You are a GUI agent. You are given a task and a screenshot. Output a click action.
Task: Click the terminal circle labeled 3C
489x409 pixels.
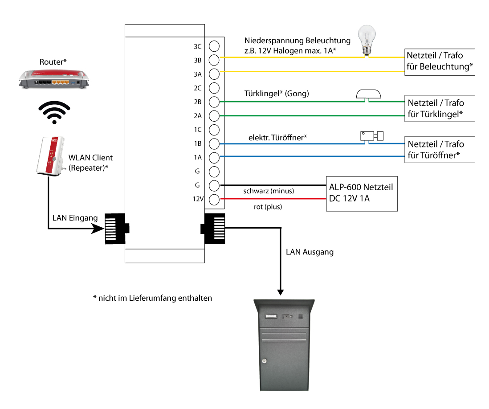tap(214, 46)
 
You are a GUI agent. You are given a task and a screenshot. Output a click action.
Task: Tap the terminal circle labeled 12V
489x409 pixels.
tap(214, 199)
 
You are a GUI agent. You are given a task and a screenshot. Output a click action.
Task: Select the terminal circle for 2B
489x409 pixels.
tap(214, 102)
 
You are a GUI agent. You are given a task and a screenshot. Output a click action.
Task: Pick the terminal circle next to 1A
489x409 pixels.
tap(214, 157)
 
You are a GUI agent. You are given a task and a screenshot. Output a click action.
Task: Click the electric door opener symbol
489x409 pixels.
tap(371, 136)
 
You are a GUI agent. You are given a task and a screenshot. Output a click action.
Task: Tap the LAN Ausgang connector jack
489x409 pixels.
tap(214, 229)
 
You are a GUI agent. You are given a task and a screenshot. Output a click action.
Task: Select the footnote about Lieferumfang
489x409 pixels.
tap(152, 298)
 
